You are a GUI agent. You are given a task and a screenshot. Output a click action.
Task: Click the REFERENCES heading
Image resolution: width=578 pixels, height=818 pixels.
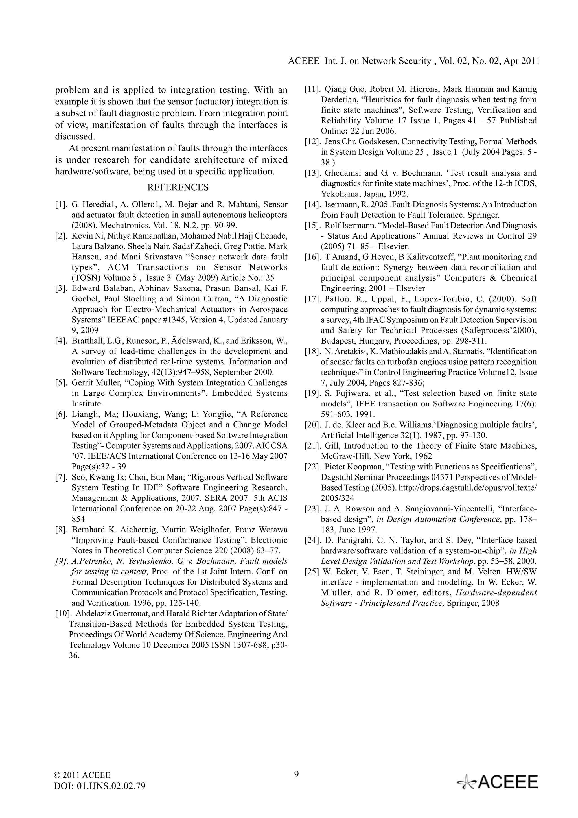(x=178, y=187)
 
